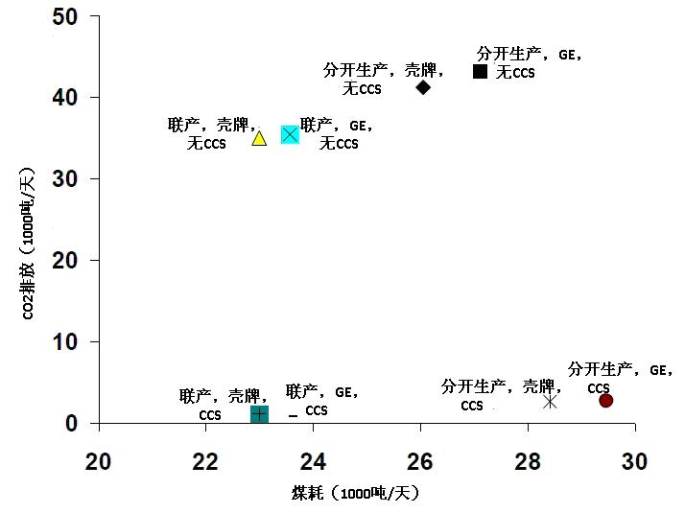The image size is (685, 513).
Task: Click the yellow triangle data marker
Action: coord(258,138)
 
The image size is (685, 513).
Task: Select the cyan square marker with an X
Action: coord(290,135)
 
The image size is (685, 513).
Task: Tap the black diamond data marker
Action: coord(423,87)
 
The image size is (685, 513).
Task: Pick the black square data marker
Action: coord(481,71)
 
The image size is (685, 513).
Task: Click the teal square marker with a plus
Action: coord(259,413)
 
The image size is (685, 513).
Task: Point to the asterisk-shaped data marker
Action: coord(550,401)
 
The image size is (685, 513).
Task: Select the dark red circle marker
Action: coord(605,400)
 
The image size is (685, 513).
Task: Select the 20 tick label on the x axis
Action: coord(98,460)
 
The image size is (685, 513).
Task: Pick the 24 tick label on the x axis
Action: coord(313,460)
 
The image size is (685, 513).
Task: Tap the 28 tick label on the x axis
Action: coord(527,460)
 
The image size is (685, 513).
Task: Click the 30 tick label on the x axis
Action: coord(633,460)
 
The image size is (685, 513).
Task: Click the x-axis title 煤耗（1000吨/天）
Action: coord(356,493)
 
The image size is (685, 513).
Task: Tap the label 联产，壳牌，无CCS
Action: coord(212,133)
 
